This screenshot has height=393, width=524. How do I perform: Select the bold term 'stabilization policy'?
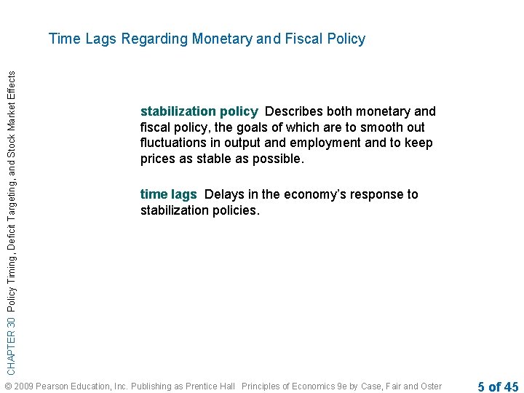click(x=199, y=111)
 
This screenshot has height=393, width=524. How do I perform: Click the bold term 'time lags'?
click(x=168, y=194)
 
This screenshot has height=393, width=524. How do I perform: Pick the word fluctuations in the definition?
click(x=175, y=143)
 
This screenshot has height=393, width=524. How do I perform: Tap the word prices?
click(x=157, y=159)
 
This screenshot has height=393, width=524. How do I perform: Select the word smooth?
click(x=373, y=127)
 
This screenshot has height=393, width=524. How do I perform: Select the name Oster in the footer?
click(x=431, y=386)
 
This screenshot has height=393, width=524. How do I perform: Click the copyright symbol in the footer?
click(x=8, y=386)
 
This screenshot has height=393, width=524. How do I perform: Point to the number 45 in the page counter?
click(x=510, y=386)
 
